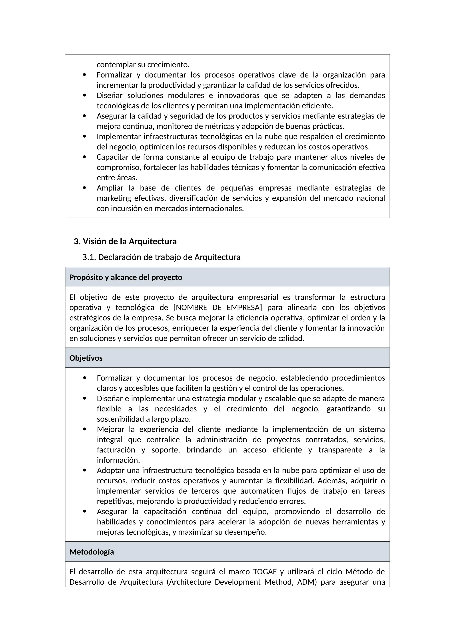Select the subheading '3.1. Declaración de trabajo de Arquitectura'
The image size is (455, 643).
click(x=161, y=257)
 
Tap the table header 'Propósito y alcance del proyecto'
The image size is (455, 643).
click(x=126, y=277)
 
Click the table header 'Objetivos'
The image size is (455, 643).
click(x=86, y=358)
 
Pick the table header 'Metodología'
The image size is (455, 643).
click(x=92, y=552)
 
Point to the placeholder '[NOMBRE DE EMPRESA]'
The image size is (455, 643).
click(x=218, y=308)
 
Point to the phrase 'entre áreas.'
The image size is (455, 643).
click(x=117, y=178)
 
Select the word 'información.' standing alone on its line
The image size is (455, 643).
click(x=118, y=460)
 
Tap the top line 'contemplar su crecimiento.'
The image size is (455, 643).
click(x=143, y=65)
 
